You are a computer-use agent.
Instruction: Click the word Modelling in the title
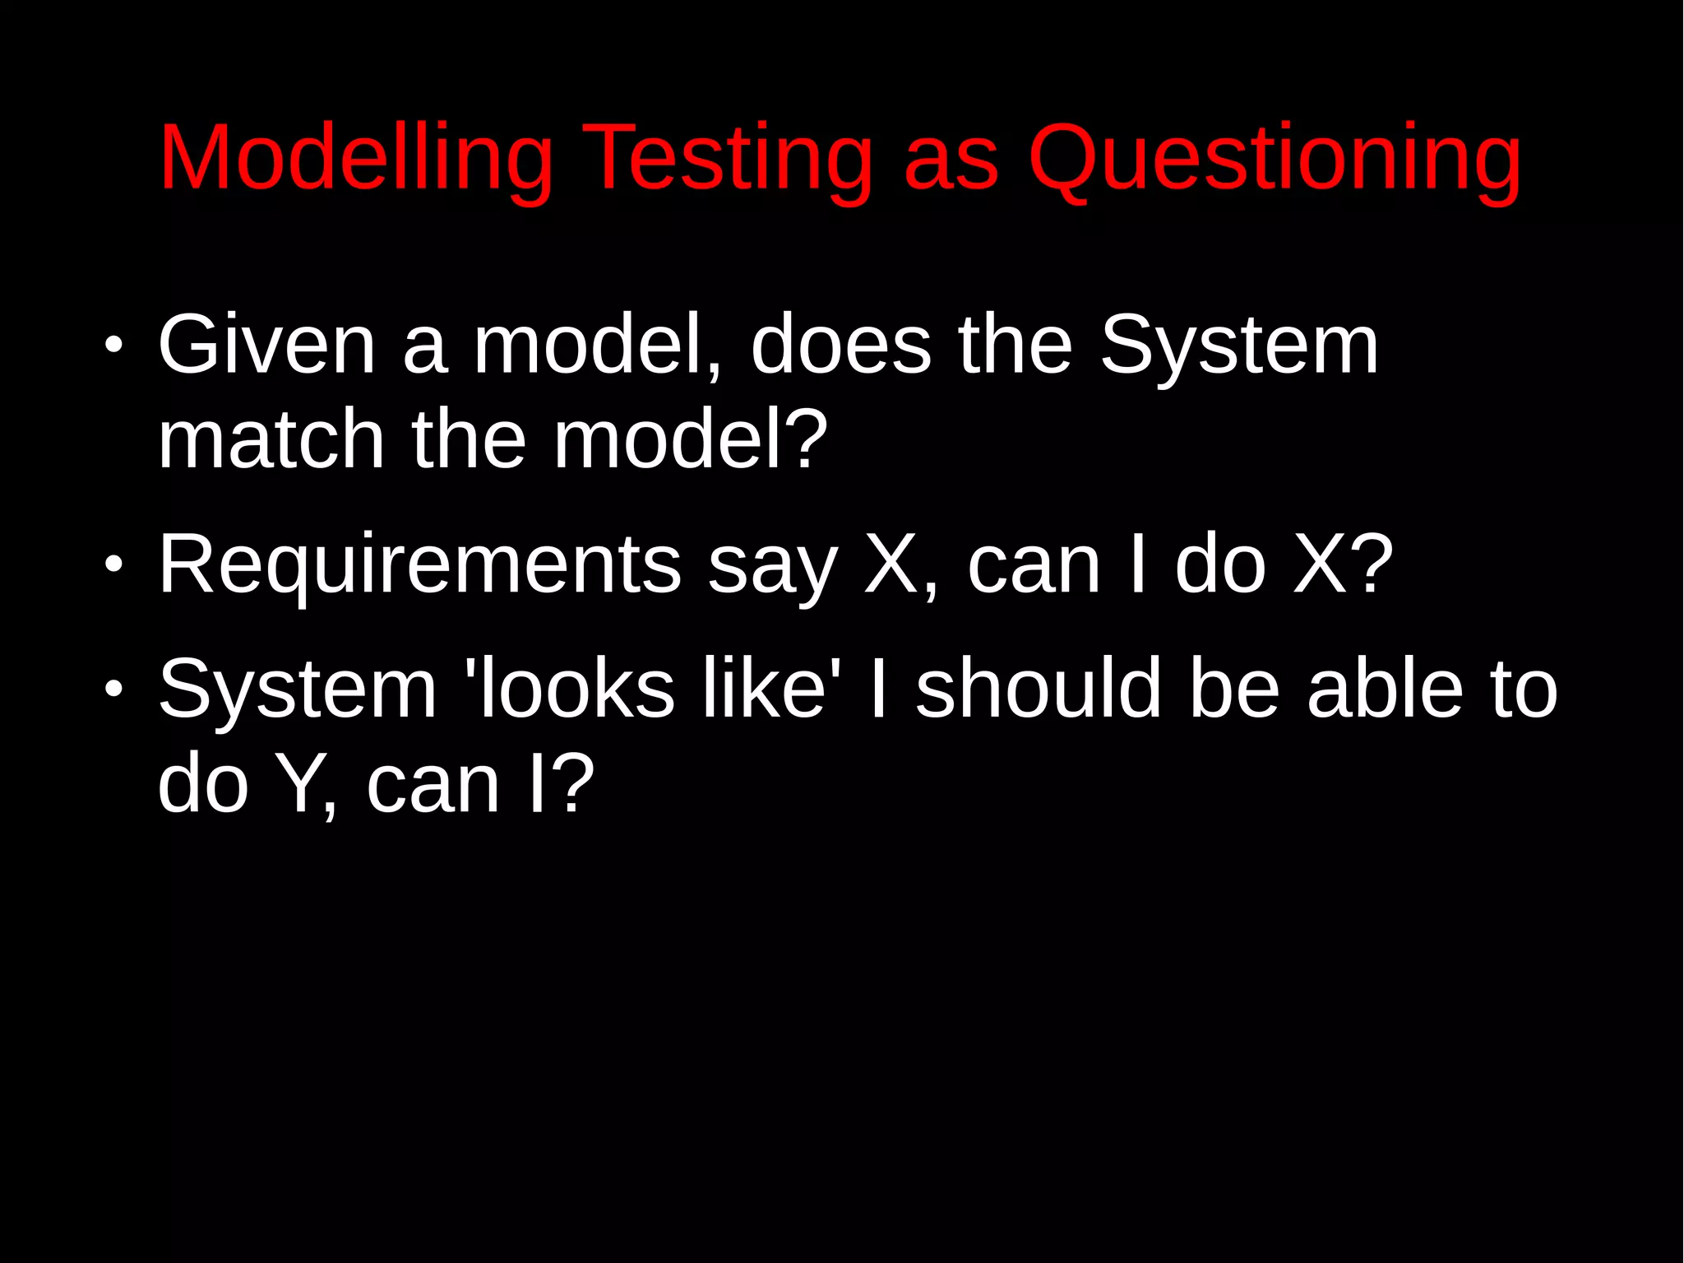356,157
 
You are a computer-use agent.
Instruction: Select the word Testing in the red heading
728,157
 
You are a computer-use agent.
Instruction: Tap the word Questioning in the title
1275,157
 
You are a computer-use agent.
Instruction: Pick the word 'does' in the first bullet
840,346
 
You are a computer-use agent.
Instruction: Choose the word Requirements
419,566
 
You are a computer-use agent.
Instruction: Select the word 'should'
1039,690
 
